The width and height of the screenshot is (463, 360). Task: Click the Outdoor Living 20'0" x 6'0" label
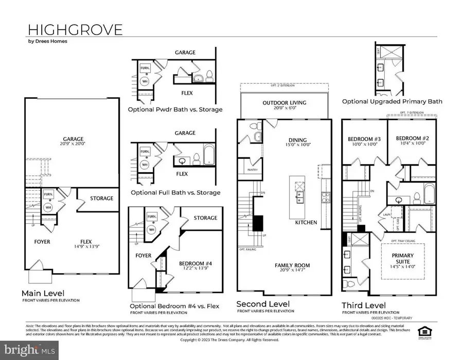pyautogui.click(x=284, y=105)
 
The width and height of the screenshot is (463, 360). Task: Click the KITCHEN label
pyautogui.click(x=306, y=223)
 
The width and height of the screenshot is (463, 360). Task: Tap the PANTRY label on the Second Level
pyautogui.click(x=252, y=170)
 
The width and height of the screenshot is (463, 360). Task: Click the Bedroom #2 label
pyautogui.click(x=409, y=141)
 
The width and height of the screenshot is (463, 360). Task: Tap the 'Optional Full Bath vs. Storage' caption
pyautogui.click(x=175, y=192)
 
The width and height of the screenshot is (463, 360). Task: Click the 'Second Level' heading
pyautogui.click(x=262, y=303)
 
